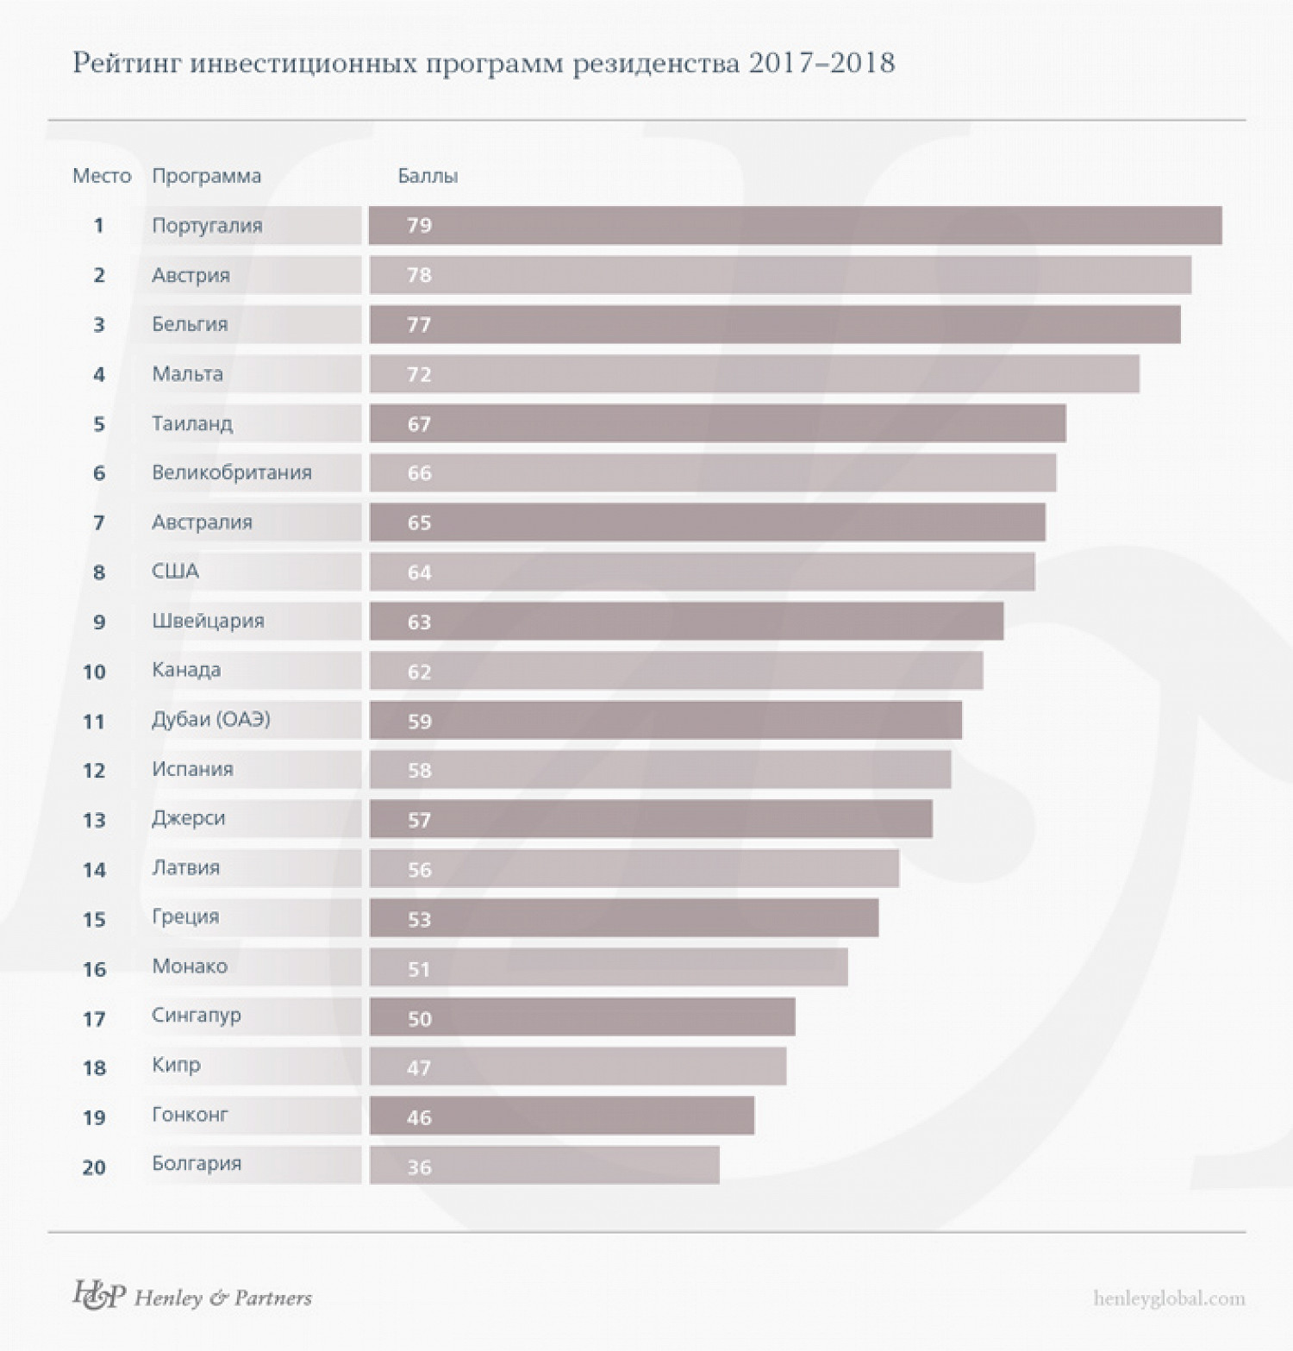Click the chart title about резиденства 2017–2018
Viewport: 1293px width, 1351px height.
[x=484, y=64]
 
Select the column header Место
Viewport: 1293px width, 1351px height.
[x=102, y=176]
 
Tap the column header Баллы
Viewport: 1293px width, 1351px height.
[x=428, y=176]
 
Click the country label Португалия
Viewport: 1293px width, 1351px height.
[x=207, y=226]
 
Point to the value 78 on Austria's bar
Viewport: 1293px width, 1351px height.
[x=419, y=275]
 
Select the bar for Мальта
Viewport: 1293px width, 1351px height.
[x=754, y=374]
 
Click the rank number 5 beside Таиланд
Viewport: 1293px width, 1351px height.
[x=99, y=424]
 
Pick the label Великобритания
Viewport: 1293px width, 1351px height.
[x=232, y=472]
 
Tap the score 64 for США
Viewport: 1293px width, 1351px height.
[x=419, y=572]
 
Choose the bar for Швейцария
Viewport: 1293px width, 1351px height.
[x=686, y=622]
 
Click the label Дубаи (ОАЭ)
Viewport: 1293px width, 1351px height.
[x=211, y=719]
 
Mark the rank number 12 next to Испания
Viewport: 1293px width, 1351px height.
[x=94, y=771]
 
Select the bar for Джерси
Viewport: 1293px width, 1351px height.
[x=651, y=819]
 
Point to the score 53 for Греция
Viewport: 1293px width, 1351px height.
[x=419, y=919]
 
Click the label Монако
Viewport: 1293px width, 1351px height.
[x=190, y=966]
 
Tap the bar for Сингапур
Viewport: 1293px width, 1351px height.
[x=582, y=1017]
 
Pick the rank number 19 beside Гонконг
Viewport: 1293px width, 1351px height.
[x=94, y=1118]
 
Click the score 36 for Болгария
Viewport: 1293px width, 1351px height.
[x=419, y=1167]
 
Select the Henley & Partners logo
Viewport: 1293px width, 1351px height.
[x=192, y=1296]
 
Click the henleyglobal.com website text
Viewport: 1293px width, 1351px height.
[x=1169, y=1298]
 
